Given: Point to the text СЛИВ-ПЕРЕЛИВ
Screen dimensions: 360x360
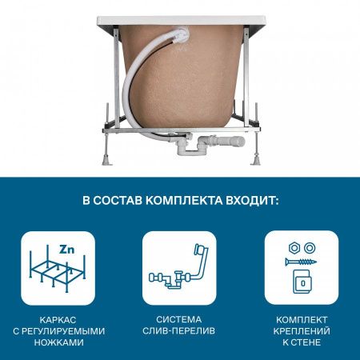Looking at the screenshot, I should pos(179,330).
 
